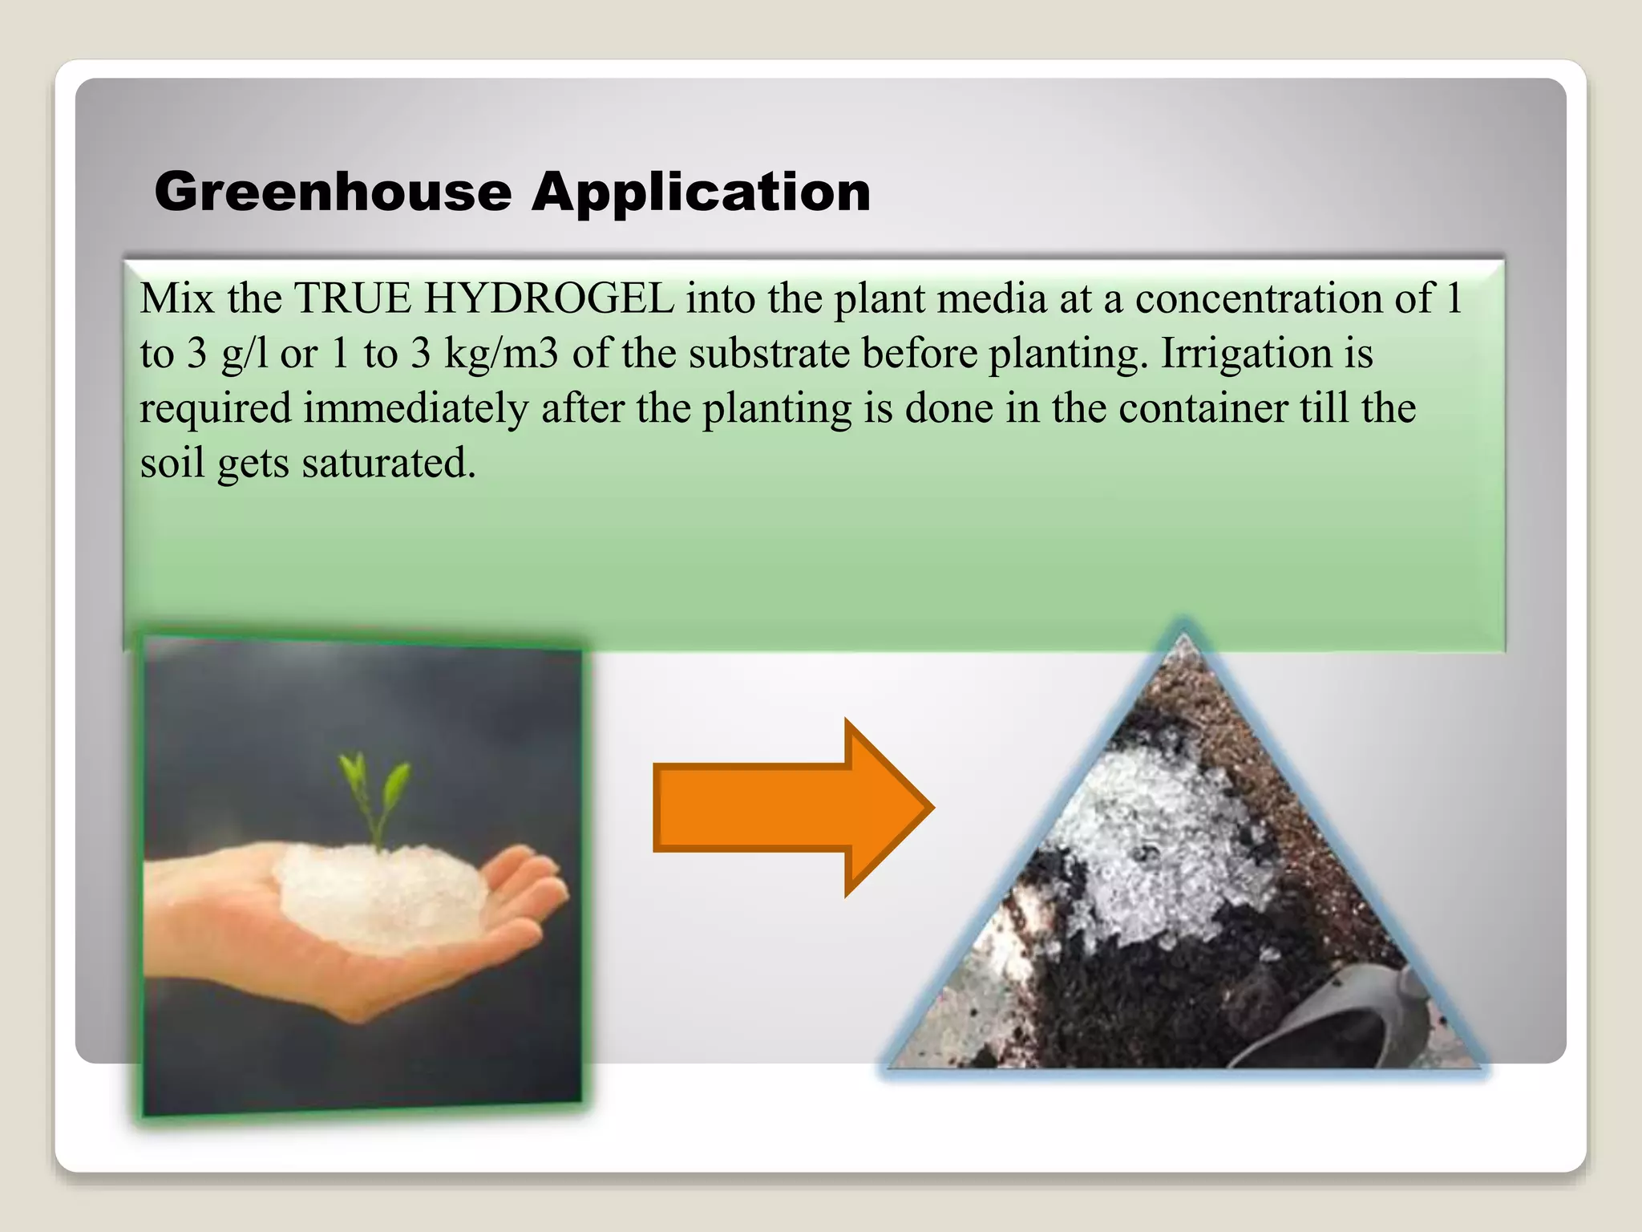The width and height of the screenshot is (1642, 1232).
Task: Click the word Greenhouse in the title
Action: [x=333, y=192]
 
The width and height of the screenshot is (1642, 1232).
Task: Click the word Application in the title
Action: [x=702, y=192]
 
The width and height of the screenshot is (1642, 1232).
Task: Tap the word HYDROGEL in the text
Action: [x=549, y=298]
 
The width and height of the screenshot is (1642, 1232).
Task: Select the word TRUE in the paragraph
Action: [x=353, y=298]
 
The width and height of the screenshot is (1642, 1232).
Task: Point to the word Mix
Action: [x=177, y=298]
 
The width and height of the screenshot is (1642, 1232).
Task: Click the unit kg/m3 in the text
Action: [x=501, y=354]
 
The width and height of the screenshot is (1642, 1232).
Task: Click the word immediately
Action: [x=415, y=408]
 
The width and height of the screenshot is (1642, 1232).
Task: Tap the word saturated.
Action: [x=389, y=464]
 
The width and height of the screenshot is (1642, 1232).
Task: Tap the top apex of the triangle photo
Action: [x=1183, y=642]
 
